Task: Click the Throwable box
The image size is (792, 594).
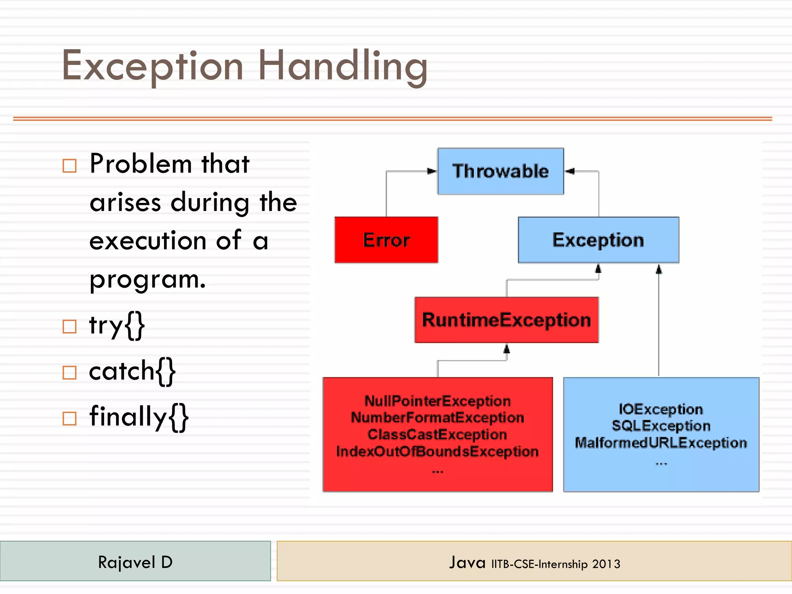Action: coord(500,171)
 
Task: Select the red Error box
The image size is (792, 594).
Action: coord(386,240)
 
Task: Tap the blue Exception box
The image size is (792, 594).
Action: coord(598,240)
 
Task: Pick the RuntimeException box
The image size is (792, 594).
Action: coord(506,320)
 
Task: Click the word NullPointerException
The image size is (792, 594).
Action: coord(437,401)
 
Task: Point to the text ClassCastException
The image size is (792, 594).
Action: coord(437,434)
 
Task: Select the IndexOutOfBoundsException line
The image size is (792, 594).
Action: coord(437,451)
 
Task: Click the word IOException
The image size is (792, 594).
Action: coord(661,409)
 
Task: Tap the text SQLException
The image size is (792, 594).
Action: coord(661,426)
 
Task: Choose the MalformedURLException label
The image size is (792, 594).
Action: coord(661,443)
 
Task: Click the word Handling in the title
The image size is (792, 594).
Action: coord(343,67)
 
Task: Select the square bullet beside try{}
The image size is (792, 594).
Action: coord(70,326)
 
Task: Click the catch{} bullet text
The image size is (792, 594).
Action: coord(132,371)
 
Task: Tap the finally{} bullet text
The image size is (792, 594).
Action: coord(139,417)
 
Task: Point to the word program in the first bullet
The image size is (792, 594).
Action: coord(147,279)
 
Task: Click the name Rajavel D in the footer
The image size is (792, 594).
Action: coord(135,562)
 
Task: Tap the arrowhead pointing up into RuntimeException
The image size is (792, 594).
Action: coord(507,349)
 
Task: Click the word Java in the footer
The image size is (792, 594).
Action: coord(467,562)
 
